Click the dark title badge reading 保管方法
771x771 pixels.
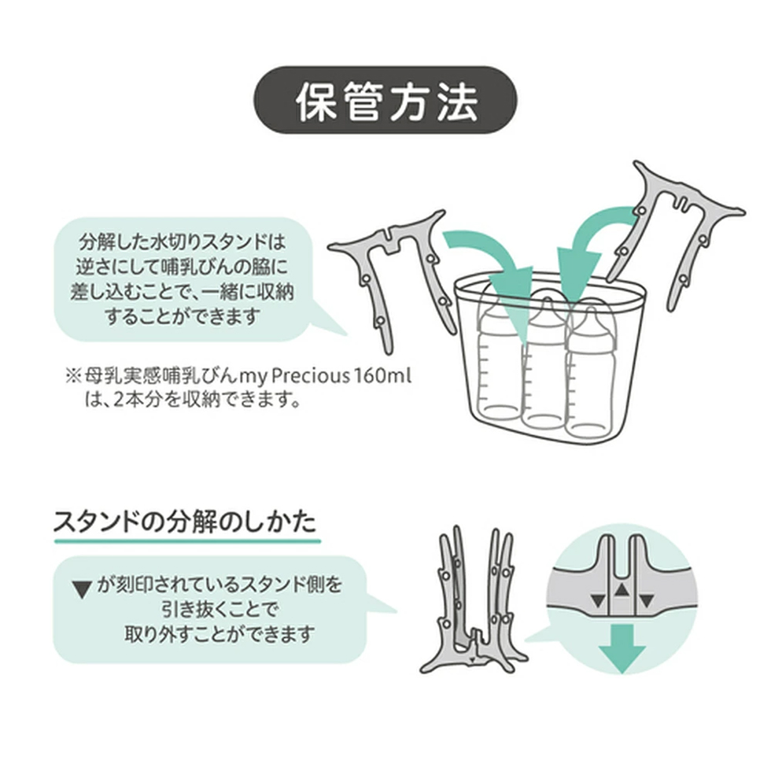pyautogui.click(x=385, y=101)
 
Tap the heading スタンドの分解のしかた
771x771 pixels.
pyautogui.click(x=185, y=522)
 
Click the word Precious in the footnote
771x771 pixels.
pyautogui.click(x=310, y=377)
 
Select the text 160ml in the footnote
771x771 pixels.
pyautogui.click(x=382, y=377)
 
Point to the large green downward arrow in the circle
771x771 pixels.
pyautogui.click(x=622, y=647)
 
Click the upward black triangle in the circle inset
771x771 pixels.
pyautogui.click(x=622, y=588)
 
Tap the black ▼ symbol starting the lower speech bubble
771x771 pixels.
pyautogui.click(x=82, y=589)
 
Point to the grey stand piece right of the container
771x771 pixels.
pyautogui.click(x=673, y=231)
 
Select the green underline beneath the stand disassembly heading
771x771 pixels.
pyautogui.click(x=187, y=541)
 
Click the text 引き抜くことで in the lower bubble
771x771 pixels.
pyautogui.click(x=219, y=610)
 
